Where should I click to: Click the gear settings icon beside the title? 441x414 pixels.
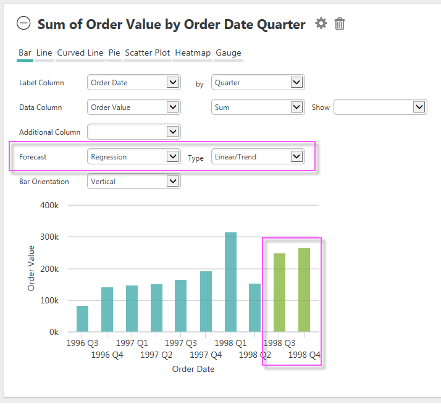coord(321,23)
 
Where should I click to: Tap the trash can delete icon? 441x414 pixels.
coord(340,23)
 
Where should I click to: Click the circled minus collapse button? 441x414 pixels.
coord(23,23)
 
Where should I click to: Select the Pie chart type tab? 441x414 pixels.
coord(114,53)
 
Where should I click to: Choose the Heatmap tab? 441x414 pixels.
coord(193,53)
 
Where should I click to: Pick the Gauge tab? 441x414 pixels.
coord(229,53)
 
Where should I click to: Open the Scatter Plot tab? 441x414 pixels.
coord(148,53)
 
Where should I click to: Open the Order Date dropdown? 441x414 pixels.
coord(134,82)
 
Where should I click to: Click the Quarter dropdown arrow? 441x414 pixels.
coord(296,82)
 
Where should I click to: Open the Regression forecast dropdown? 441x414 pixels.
coord(134,157)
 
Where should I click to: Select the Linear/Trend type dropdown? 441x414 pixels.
coord(258,157)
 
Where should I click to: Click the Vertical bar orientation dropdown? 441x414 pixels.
coord(134,181)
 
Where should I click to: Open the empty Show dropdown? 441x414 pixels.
coord(380,108)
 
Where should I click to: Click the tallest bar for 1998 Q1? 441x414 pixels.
coord(230,282)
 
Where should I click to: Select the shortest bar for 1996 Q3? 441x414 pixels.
coord(82,319)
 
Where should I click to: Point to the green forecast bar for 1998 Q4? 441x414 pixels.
coord(304,290)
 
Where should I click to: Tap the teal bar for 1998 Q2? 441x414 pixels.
coord(255,308)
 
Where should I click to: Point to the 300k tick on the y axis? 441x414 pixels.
coord(49,237)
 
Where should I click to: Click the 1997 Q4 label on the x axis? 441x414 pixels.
coord(206,355)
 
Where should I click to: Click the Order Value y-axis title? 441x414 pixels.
coord(31,268)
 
